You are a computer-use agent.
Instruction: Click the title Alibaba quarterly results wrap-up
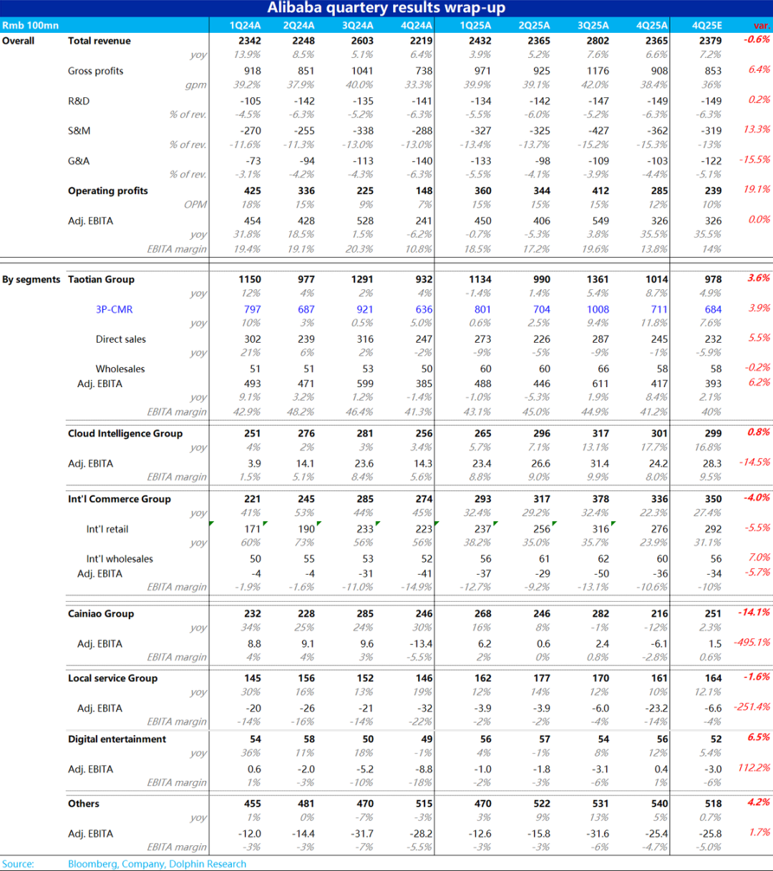click(x=386, y=8)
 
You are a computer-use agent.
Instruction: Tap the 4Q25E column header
click(x=707, y=25)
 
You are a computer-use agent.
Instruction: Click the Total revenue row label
click(x=99, y=41)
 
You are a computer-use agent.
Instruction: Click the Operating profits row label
click(x=107, y=191)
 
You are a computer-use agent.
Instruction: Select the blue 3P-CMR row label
click(x=114, y=309)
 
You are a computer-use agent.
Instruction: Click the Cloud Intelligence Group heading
click(x=125, y=433)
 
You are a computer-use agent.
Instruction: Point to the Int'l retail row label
click(x=107, y=529)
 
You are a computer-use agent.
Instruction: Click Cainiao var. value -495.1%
click(x=752, y=643)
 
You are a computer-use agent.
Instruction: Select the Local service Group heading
click(x=112, y=678)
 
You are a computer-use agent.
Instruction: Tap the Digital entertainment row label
click(x=117, y=739)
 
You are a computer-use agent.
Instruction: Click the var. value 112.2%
click(x=754, y=768)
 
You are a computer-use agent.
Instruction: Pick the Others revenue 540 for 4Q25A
click(x=658, y=804)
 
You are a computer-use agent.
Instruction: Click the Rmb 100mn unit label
click(x=30, y=25)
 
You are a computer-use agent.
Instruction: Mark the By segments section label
click(x=31, y=279)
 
